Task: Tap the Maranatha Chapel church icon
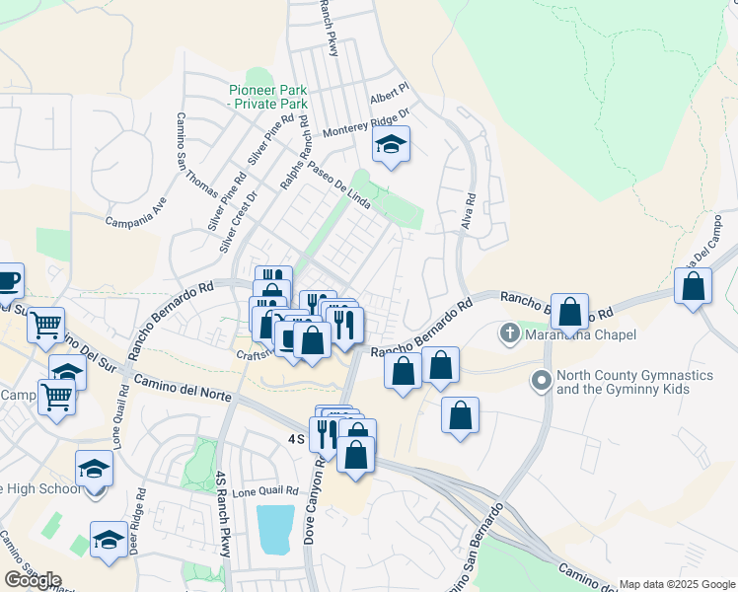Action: (x=509, y=333)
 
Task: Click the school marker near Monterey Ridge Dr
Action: (x=391, y=147)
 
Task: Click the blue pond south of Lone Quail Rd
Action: (x=275, y=529)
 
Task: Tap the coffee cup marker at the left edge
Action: (x=8, y=280)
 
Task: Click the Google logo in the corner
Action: (x=33, y=580)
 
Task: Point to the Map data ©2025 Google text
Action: (x=675, y=584)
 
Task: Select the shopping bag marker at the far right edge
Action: (x=694, y=286)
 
